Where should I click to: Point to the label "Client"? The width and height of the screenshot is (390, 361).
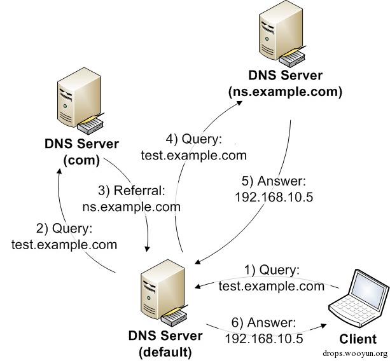pyautogui.click(x=358, y=339)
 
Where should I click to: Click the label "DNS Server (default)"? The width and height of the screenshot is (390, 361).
pyautogui.click(x=165, y=342)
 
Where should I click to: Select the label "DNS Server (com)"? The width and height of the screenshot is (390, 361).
pyautogui.click(x=81, y=152)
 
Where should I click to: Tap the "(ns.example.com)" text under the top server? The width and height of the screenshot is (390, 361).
pyautogui.click(x=284, y=92)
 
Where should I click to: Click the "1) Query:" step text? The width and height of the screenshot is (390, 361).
pyautogui.click(x=271, y=271)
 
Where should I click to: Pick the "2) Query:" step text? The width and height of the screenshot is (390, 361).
pyautogui.click(x=64, y=228)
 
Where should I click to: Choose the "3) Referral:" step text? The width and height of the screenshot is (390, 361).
pyautogui.click(x=131, y=191)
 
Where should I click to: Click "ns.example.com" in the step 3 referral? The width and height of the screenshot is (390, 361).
pyautogui.click(x=131, y=206)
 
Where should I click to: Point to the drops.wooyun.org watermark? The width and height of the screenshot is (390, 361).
pyautogui.click(x=354, y=354)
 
